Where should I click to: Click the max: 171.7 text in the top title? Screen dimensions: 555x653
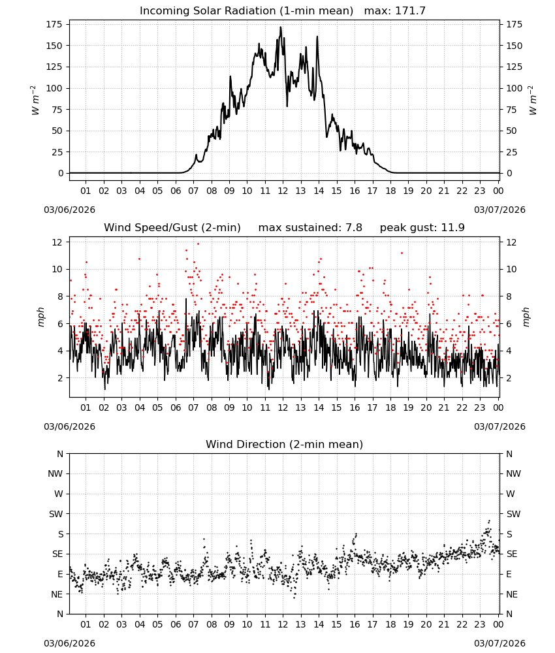(x=395, y=10)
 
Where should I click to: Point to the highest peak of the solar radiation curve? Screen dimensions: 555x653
(x=281, y=27)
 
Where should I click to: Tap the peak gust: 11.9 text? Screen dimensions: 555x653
(x=422, y=228)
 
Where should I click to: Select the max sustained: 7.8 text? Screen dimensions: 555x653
(x=310, y=228)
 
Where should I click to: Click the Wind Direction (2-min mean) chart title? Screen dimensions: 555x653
(x=285, y=444)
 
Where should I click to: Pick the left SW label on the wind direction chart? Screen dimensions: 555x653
(x=55, y=514)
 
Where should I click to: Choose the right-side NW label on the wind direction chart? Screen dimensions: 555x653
(x=513, y=473)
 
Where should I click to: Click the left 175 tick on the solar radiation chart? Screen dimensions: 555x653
(x=55, y=24)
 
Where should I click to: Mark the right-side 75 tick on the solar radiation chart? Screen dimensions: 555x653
(x=511, y=110)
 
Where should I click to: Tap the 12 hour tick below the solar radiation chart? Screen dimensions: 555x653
(x=283, y=191)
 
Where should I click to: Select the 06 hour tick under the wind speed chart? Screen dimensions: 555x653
(x=176, y=407)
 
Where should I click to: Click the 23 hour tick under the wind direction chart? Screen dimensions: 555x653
(x=480, y=624)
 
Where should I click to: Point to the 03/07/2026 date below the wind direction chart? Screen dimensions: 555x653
(x=499, y=643)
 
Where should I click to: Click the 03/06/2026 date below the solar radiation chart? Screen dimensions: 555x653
(x=69, y=210)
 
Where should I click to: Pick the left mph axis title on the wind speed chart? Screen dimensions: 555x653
(x=40, y=317)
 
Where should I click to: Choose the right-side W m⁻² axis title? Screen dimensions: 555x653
(x=533, y=100)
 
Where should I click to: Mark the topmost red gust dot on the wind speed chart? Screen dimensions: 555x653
(x=198, y=244)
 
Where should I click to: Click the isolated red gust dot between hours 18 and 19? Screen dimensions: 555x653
(x=402, y=253)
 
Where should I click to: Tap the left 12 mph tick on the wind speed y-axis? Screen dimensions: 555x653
(x=57, y=242)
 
